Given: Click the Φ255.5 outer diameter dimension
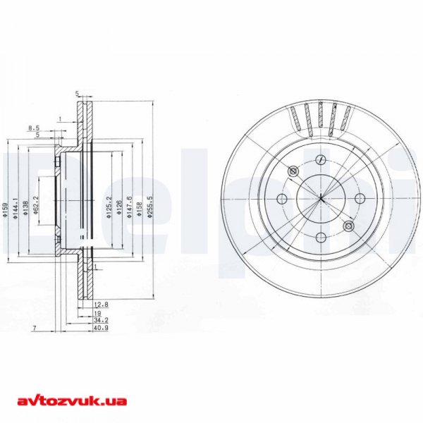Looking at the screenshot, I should [150, 209].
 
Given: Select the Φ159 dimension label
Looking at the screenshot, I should [5, 209].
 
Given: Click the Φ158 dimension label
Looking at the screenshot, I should [140, 210].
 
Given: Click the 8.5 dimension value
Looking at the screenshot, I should [32, 128].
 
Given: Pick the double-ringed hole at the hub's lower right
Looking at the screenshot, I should [348, 226].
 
